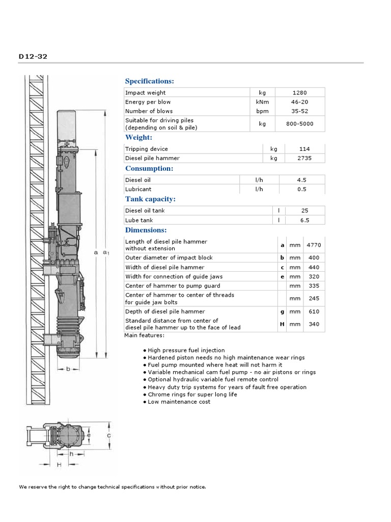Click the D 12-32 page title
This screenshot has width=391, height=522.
33,56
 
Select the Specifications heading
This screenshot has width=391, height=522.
150,81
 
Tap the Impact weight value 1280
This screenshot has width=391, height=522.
300,93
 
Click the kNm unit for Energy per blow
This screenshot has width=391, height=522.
262,102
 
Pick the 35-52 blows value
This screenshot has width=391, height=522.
300,111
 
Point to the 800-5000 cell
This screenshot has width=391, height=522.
300,124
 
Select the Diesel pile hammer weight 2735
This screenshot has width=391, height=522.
305,158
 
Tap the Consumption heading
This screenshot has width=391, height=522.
149,168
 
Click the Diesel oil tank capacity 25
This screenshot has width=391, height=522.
305,211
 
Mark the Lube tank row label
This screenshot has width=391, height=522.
139,220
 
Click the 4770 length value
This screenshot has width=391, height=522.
314,245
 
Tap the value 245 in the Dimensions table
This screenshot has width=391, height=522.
314,299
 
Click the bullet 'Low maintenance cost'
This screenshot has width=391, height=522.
179,402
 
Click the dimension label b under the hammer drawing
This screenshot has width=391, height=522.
67,369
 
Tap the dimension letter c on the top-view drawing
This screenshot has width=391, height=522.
108,436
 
